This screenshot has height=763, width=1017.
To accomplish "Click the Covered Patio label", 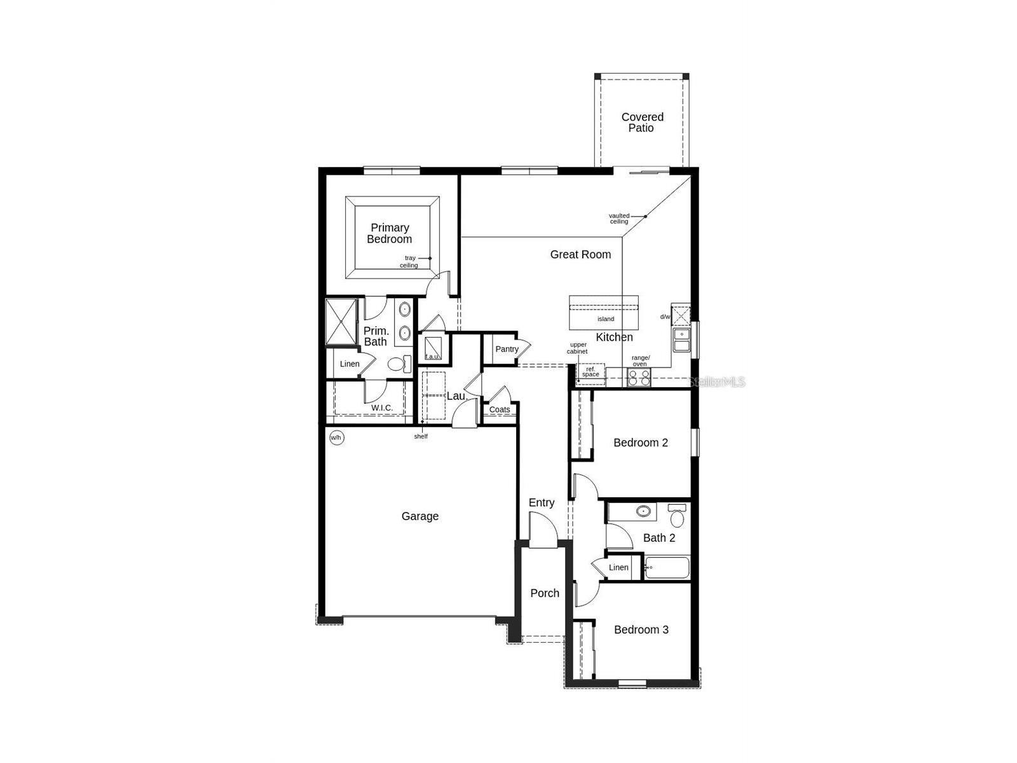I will (x=642, y=122).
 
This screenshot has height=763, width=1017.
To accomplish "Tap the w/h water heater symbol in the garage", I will (x=336, y=437).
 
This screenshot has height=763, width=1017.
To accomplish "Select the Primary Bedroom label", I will (x=390, y=233).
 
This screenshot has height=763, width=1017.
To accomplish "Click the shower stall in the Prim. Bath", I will (x=341, y=322).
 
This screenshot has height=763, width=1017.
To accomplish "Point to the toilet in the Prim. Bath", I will (x=399, y=364).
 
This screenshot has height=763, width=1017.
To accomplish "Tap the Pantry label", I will (x=507, y=349).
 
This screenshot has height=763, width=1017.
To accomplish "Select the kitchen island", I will (x=603, y=312).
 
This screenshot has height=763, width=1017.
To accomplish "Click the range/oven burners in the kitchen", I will (x=639, y=378).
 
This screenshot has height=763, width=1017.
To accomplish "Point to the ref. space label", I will (x=590, y=372).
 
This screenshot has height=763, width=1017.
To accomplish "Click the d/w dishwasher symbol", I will (x=681, y=315).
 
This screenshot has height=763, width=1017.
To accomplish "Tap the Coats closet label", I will (x=500, y=409).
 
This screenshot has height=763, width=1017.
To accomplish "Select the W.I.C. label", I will (x=382, y=408).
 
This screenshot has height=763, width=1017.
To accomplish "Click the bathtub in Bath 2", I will (x=667, y=568).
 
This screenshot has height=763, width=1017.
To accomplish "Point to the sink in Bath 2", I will (x=644, y=511).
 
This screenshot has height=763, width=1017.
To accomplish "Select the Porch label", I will (x=545, y=593).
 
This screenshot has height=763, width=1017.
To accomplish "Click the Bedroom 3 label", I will (x=641, y=629).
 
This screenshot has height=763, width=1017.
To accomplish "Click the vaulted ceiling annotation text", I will (x=619, y=219).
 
